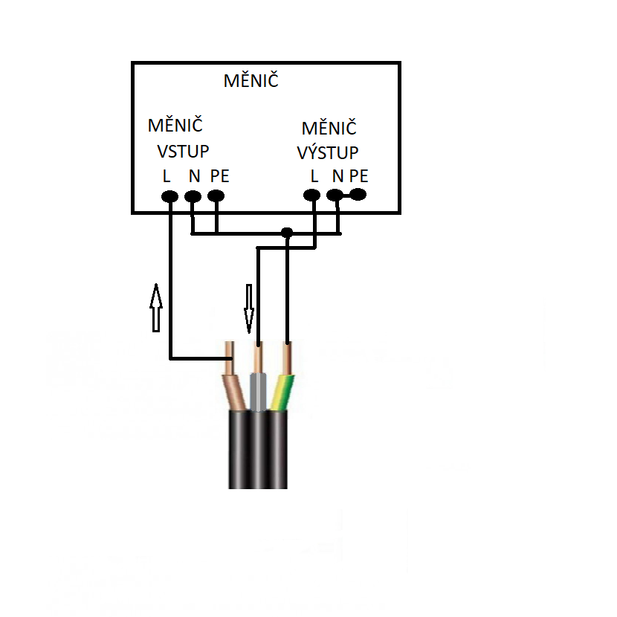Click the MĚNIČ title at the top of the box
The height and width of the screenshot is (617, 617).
(251, 80)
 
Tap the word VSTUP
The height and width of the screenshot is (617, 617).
(183, 152)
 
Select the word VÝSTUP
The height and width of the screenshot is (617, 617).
(328, 152)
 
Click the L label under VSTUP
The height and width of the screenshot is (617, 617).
(167, 176)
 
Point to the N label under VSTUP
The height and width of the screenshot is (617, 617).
(194, 176)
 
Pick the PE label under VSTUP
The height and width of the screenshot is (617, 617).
(219, 176)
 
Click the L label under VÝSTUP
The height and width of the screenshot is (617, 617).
(314, 176)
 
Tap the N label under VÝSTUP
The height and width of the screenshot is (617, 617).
(337, 176)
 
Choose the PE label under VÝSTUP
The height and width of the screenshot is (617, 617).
(359, 176)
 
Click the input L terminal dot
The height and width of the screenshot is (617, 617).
(170, 196)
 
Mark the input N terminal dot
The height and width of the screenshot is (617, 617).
(193, 196)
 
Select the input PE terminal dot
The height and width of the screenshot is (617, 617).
(216, 196)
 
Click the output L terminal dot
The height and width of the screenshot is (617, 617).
(312, 195)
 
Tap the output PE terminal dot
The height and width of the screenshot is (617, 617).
(358, 194)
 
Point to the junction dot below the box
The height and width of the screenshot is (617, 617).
(287, 233)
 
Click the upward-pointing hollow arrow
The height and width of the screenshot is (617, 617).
(156, 308)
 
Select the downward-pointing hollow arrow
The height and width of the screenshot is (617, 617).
(249, 308)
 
